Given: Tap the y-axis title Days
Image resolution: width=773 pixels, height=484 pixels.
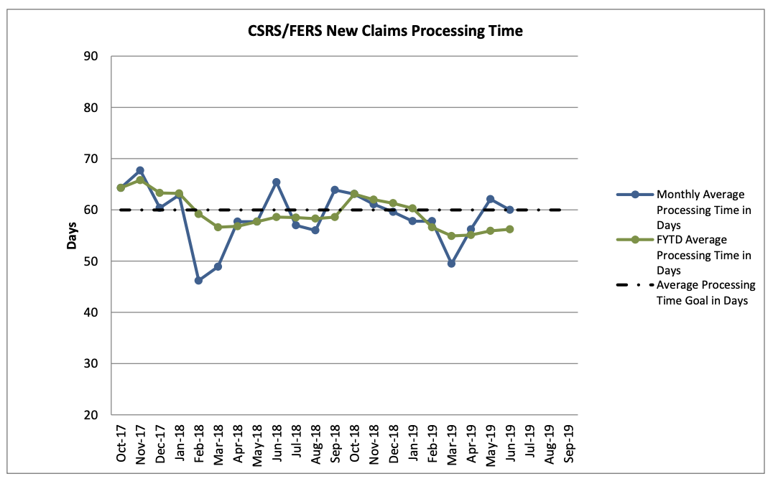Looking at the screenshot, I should pyautogui.click(x=72, y=236).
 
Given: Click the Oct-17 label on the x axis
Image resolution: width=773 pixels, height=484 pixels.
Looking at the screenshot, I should pyautogui.click(x=121, y=444).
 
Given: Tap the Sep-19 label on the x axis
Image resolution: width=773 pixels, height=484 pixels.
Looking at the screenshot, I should pyautogui.click(x=568, y=444).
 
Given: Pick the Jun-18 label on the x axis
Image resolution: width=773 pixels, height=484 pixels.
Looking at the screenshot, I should pyautogui.click(x=277, y=444).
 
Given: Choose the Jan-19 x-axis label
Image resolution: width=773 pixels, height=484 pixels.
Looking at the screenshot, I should pyautogui.click(x=412, y=444).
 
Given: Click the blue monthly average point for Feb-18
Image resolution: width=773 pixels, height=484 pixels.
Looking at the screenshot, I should pyautogui.click(x=198, y=280).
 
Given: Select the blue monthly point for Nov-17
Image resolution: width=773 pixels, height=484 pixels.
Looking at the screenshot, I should pyautogui.click(x=140, y=170).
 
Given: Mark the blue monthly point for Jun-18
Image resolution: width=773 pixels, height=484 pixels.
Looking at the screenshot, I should pyautogui.click(x=277, y=182).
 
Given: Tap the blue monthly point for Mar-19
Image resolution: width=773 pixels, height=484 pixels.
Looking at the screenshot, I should pyautogui.click(x=451, y=264).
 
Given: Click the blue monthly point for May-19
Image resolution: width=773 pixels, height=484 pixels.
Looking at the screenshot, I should pyautogui.click(x=490, y=199).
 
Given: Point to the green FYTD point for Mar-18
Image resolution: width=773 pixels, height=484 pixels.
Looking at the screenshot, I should pyautogui.click(x=218, y=227).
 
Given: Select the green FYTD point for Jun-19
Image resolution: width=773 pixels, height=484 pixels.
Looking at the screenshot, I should pyautogui.click(x=509, y=229).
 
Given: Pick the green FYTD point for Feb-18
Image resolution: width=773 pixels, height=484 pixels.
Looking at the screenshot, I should pyautogui.click(x=198, y=214).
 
